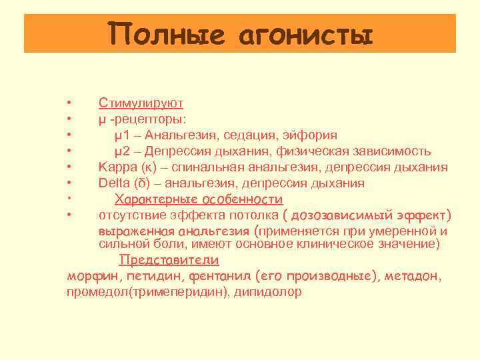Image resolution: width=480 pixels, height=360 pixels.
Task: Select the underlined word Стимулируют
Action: coord(141,103)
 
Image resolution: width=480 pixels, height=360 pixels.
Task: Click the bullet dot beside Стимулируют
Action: coord(69,103)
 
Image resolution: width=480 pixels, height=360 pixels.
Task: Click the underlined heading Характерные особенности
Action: coord(199,199)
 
